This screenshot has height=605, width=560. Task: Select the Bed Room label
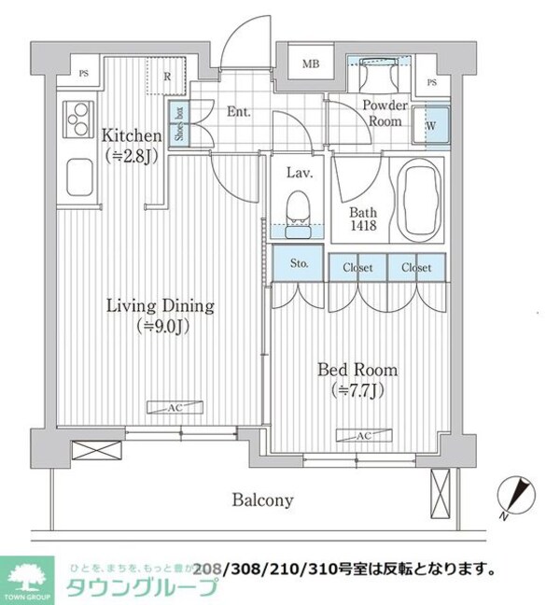tap(357, 377)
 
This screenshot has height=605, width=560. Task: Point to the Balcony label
tap(262, 499)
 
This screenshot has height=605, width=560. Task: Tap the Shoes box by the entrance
tap(176, 121)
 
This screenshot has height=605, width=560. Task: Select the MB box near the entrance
tap(308, 64)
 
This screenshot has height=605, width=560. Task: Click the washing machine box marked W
tap(433, 122)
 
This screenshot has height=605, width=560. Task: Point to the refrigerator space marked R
tap(166, 77)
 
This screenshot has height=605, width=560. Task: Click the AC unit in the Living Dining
tap(164, 406)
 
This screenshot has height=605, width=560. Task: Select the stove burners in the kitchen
tap(74, 120)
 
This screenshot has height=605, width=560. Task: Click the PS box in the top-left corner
tap(83, 73)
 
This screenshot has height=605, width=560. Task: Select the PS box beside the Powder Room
tap(430, 82)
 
